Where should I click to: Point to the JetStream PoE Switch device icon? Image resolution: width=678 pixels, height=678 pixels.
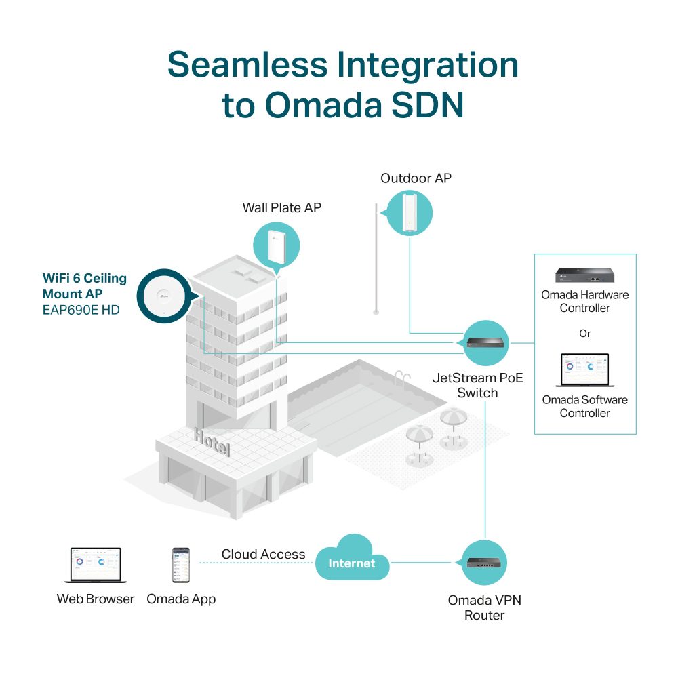coord(486,342)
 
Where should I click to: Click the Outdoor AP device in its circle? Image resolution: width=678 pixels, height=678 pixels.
coord(410,214)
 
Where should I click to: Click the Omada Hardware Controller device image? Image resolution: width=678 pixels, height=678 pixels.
coord(585,275)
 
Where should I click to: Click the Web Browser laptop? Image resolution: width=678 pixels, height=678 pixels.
coord(96,566)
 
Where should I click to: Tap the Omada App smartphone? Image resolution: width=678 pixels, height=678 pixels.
coord(180,565)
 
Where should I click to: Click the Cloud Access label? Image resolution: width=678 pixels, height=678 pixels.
coord(263,555)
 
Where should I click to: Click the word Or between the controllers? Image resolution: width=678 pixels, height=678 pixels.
coord(584,334)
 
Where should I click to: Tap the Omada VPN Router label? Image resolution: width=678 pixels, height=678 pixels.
coord(485,607)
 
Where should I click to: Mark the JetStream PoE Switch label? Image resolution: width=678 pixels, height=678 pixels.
coord(478,386)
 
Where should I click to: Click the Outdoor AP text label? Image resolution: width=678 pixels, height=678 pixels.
coord(416,178)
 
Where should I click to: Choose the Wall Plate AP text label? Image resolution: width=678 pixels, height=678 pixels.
coord(282,207)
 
